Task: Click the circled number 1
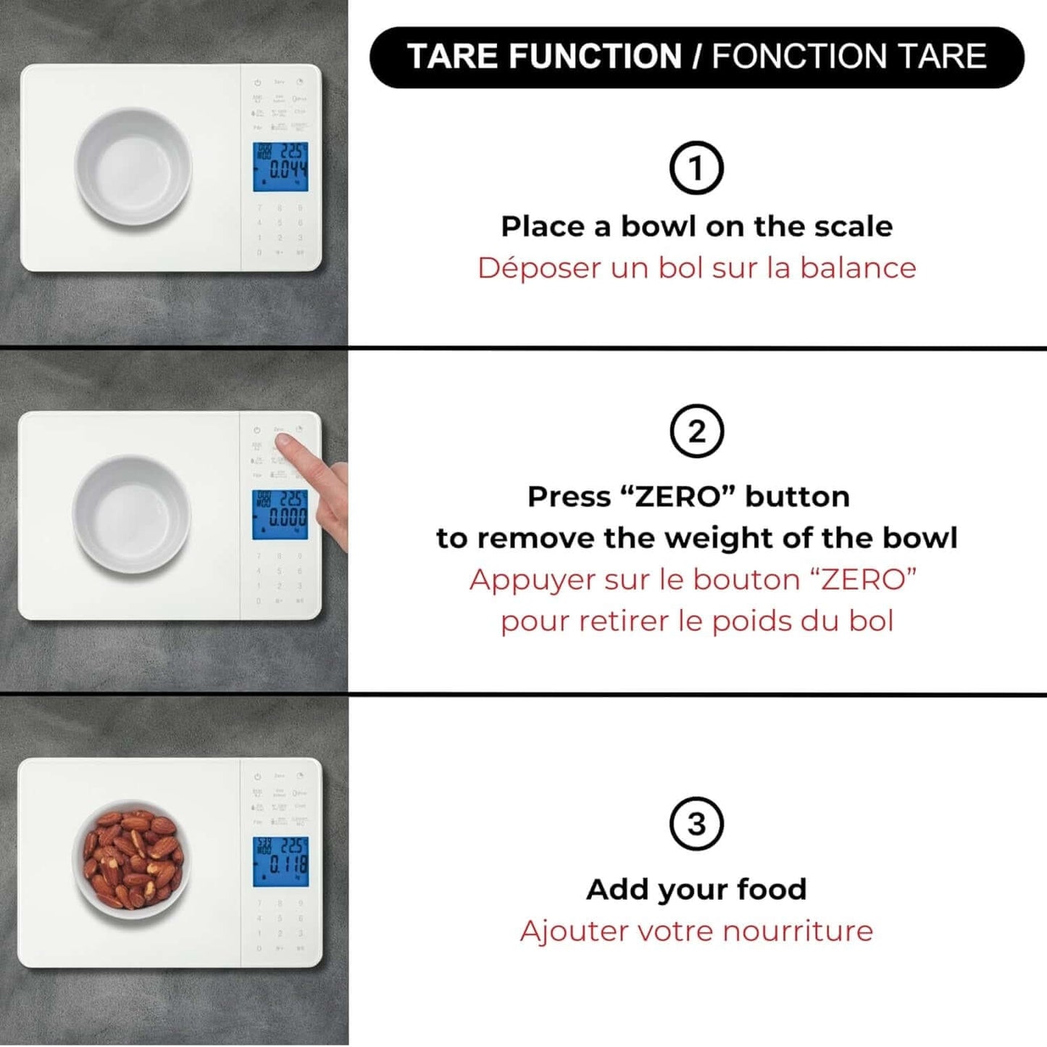(696, 168)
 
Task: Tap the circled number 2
(696, 431)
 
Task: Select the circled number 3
(696, 824)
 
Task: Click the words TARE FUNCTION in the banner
(544, 57)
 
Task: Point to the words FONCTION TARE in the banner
(848, 57)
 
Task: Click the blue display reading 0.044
(280, 167)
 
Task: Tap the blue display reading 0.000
(280, 515)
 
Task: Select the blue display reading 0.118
(280, 861)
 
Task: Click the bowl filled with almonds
(131, 860)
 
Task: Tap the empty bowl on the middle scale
(131, 515)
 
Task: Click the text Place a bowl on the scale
(696, 226)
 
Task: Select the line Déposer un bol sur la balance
(696, 268)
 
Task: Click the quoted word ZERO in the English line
(678, 497)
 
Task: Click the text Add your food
(696, 889)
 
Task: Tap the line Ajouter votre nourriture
(696, 931)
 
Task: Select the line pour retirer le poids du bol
(696, 621)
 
